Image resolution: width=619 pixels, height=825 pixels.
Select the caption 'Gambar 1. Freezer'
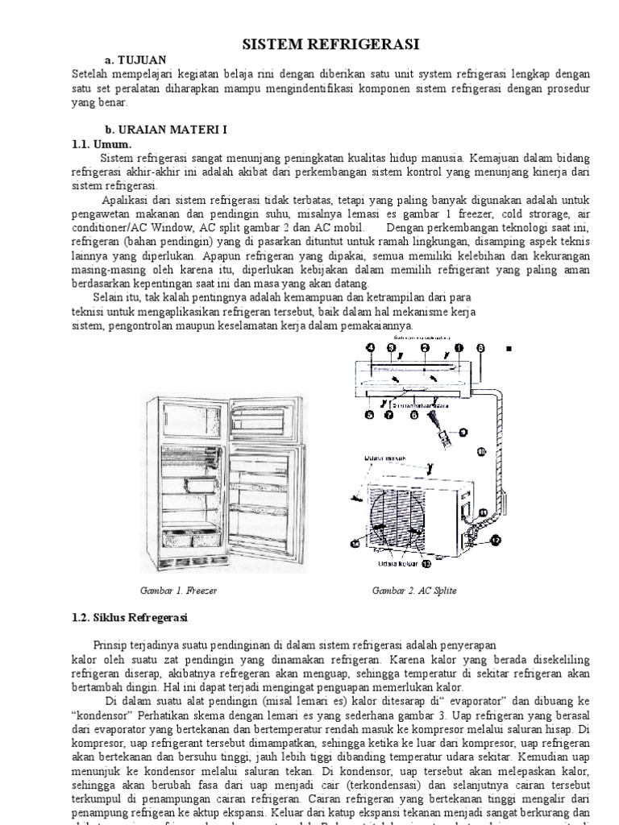click(178, 591)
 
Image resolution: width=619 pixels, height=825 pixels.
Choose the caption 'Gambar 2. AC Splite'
click(414, 591)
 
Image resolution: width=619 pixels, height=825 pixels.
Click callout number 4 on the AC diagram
click(370, 348)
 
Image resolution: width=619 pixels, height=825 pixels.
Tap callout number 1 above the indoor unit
click(459, 348)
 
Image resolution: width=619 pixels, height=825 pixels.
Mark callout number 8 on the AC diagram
click(481, 348)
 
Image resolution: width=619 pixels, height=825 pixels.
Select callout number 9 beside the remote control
click(463, 433)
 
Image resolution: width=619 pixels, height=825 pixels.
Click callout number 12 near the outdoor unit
click(496, 538)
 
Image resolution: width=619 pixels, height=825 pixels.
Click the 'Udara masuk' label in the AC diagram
click(385, 458)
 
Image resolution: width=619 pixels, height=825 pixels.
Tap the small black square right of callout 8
click(509, 349)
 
